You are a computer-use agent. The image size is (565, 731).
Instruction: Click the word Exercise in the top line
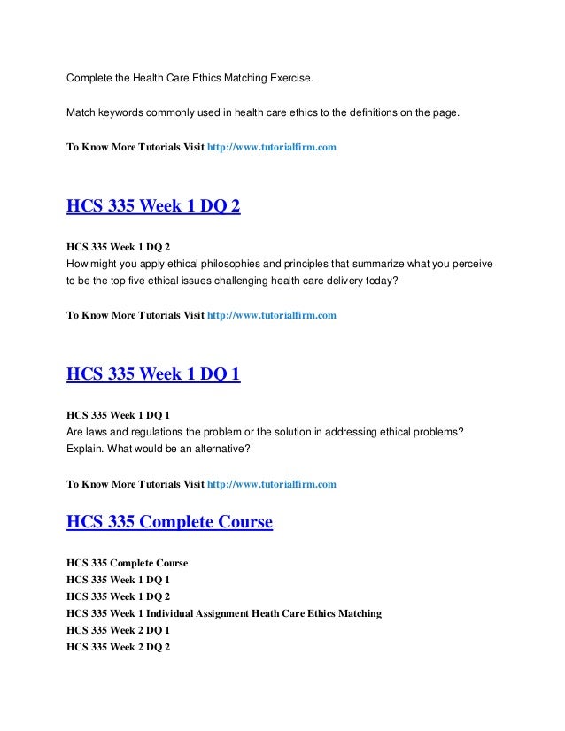point(284,80)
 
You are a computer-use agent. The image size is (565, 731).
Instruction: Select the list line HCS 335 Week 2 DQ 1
point(119,628)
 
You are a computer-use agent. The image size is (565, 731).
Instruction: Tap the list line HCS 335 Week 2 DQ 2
point(119,647)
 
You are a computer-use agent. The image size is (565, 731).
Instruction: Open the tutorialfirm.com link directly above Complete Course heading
point(271,484)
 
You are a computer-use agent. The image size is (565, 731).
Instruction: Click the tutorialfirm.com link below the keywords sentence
point(271,147)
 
